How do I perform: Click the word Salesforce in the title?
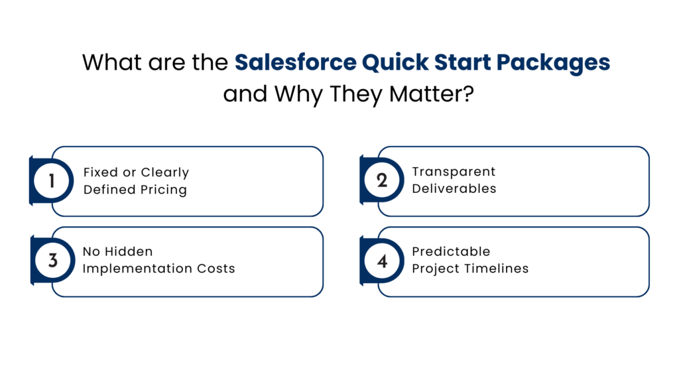pyautogui.click(x=295, y=63)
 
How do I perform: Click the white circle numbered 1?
pyautogui.click(x=52, y=180)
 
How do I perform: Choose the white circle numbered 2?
pyautogui.click(x=382, y=180)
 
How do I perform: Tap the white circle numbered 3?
pyautogui.click(x=52, y=260)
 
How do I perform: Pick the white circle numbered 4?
pyautogui.click(x=382, y=261)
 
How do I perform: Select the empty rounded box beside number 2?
pyautogui.click(x=524, y=181)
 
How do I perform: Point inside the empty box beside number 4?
pyautogui.click(x=524, y=262)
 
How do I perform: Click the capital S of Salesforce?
pyautogui.click(x=241, y=63)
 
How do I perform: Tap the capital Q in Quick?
pyautogui.click(x=370, y=63)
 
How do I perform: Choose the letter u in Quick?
pyautogui.click(x=387, y=64)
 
